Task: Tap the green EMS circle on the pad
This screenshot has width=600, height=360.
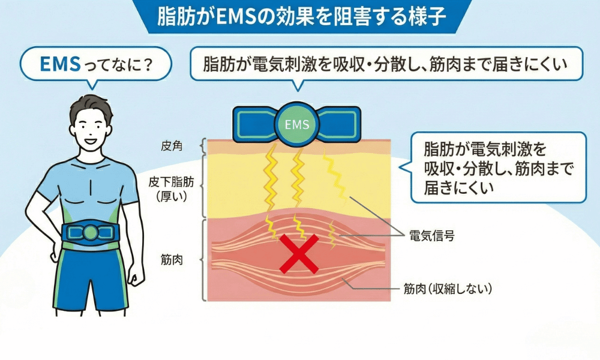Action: [296, 125]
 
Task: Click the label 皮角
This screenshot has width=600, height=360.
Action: [174, 146]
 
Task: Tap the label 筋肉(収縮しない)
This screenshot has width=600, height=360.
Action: [448, 289]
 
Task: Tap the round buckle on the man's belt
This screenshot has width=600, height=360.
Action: [91, 232]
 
